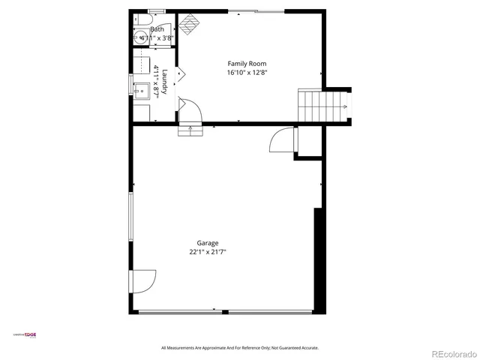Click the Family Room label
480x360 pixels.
(247, 64)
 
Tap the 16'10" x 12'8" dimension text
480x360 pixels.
(247, 73)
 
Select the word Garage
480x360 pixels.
(208, 243)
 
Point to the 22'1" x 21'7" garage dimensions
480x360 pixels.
(208, 253)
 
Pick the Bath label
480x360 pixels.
(157, 29)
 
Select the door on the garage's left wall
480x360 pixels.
(142, 281)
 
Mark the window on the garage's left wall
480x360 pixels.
(131, 217)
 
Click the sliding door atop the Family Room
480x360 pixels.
(255, 10)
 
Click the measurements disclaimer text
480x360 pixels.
(240, 348)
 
